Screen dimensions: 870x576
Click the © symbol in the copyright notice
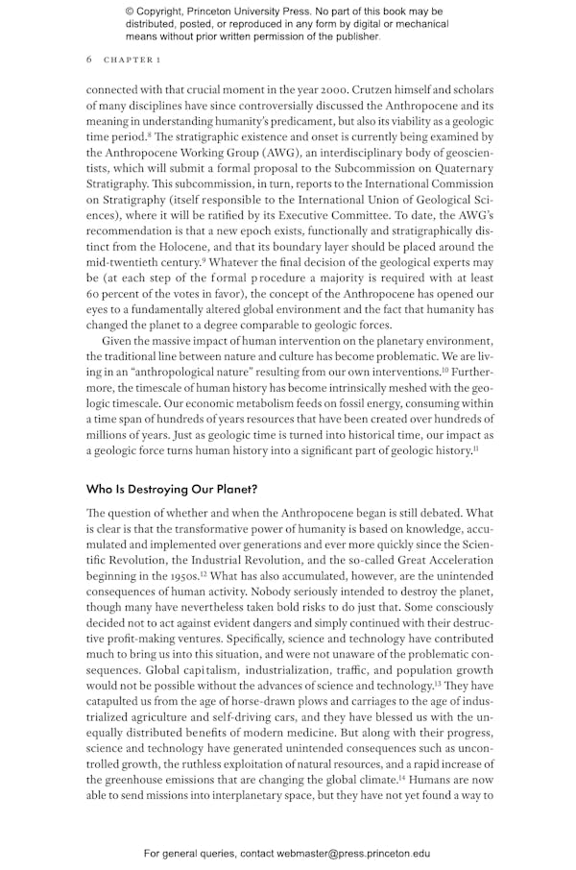[x=130, y=12]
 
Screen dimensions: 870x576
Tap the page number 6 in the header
[x=89, y=60]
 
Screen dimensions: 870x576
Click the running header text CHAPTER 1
[x=132, y=60]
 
